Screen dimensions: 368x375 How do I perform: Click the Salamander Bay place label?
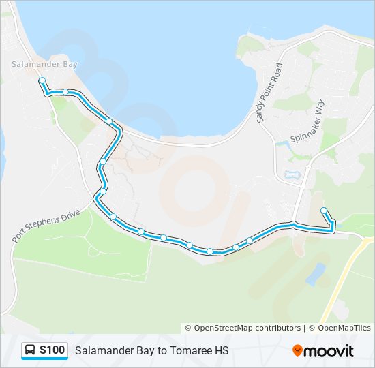click(44, 64)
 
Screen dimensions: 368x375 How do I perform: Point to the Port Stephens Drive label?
click(46, 226)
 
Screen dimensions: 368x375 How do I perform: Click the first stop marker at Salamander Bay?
click(42, 80)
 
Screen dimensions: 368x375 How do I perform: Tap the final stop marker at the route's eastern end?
click(323, 210)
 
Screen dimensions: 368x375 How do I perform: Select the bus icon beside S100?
click(31, 350)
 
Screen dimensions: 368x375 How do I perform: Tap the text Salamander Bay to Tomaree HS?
click(151, 351)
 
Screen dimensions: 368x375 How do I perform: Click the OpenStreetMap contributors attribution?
click(243, 328)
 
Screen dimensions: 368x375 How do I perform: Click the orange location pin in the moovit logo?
click(297, 351)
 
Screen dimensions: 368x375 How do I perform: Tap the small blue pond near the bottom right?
click(316, 274)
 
